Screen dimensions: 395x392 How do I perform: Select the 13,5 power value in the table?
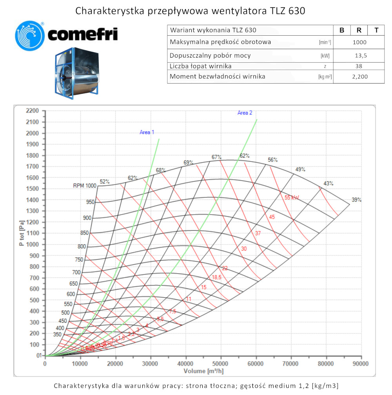(359, 56)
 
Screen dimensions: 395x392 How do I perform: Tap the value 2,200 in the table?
(359, 76)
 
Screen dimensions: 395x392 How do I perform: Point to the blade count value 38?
(359, 66)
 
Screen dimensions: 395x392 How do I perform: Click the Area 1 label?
(147, 133)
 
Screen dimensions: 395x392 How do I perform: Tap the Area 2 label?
(245, 113)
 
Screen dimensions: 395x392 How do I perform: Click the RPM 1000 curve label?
(84, 186)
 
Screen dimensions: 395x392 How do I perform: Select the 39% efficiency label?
(356, 200)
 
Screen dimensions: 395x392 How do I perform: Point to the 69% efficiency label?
(189, 163)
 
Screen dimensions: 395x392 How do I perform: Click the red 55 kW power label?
(292, 198)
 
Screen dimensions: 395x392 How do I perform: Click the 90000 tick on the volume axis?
(360, 364)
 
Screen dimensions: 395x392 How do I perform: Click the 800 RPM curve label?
(82, 247)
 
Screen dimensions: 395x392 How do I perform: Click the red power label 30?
(244, 249)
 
